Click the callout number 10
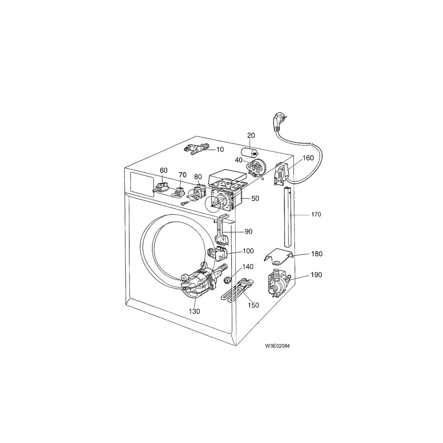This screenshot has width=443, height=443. [x=220, y=149]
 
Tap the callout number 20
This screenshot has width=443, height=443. [x=251, y=135]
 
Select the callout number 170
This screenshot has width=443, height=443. [x=316, y=215]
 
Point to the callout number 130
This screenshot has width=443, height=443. [x=195, y=311]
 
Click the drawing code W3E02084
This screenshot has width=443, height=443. [x=277, y=346]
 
